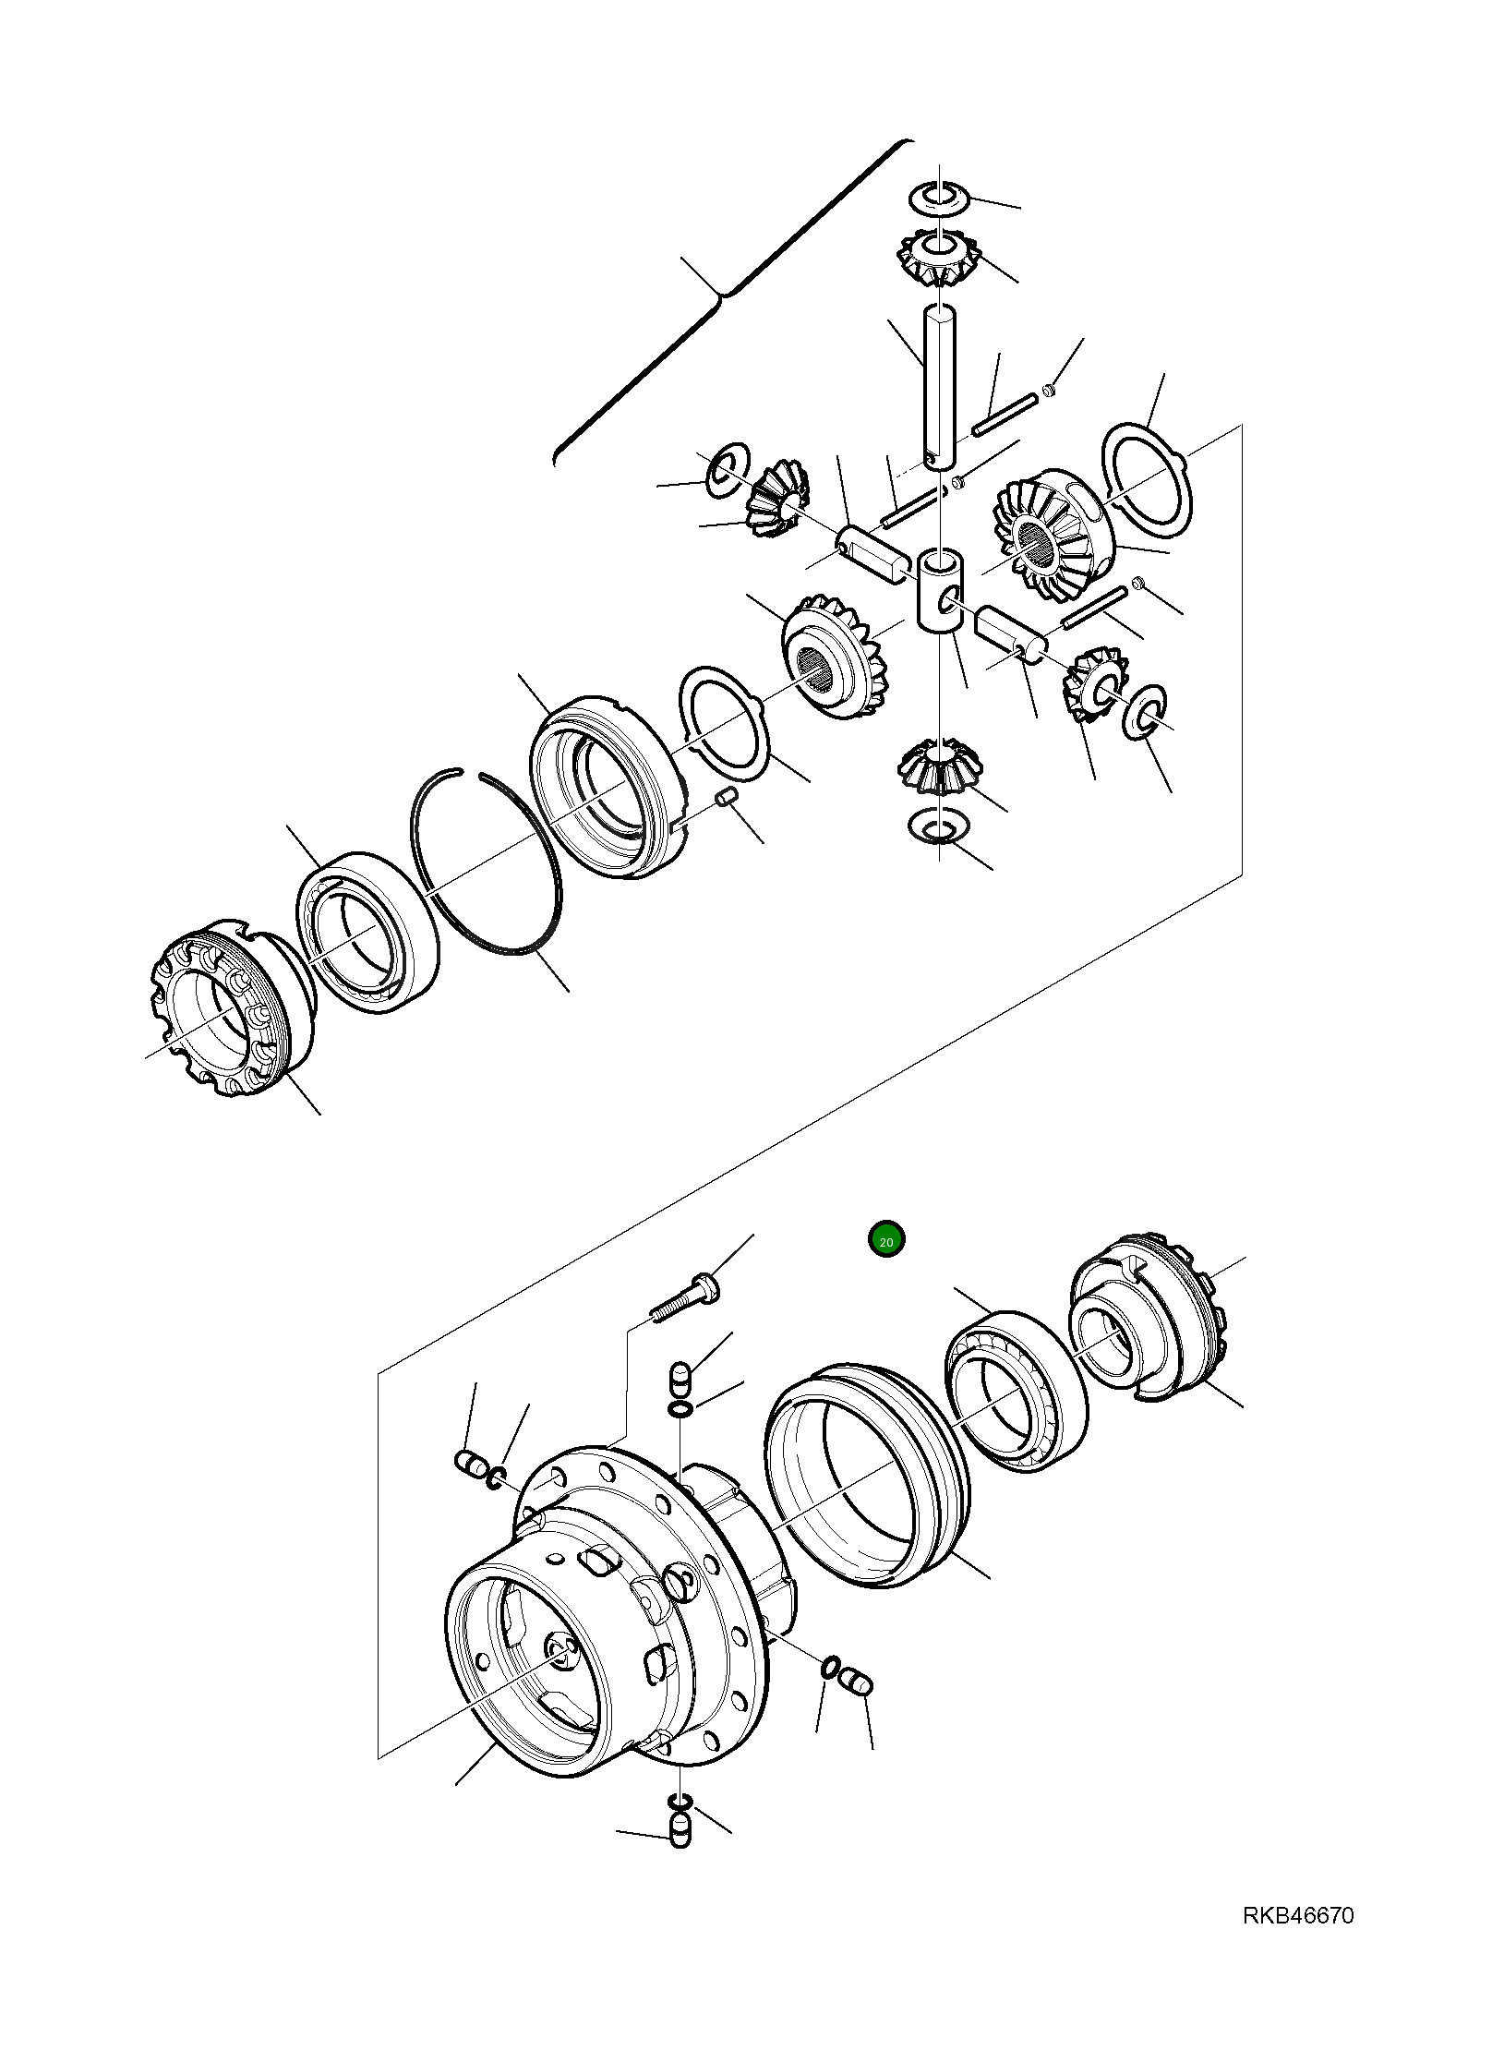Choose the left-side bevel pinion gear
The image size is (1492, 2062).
(776, 498)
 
